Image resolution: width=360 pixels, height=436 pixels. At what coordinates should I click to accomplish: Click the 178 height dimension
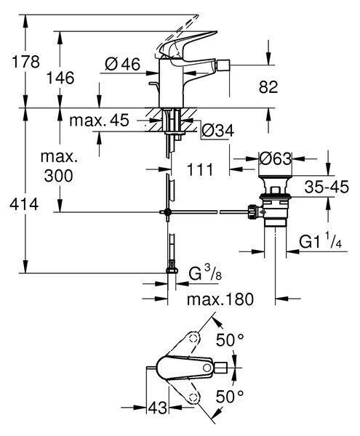point(25,62)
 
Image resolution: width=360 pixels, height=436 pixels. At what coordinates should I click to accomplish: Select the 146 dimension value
point(60,78)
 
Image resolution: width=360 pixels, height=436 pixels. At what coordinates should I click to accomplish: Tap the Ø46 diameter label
point(123,64)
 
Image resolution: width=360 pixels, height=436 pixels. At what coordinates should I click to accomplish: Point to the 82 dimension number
point(268,87)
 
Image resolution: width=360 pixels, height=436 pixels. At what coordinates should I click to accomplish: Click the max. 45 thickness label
point(100,120)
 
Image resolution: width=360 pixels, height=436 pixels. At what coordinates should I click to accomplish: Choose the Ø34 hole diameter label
point(218,131)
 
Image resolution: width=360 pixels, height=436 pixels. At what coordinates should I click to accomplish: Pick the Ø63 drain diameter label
point(275,158)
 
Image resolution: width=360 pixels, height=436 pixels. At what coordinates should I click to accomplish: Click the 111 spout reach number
point(200,169)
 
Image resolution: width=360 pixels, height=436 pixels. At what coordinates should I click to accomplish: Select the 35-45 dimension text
point(327,187)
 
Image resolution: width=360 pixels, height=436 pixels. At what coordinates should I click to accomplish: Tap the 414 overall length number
point(24,205)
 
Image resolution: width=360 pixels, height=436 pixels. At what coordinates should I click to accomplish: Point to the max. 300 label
point(59,166)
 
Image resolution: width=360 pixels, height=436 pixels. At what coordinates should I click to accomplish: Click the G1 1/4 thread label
point(321,241)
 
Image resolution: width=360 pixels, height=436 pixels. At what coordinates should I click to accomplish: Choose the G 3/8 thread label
point(205,272)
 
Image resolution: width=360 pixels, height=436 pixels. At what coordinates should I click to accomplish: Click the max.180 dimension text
point(220,299)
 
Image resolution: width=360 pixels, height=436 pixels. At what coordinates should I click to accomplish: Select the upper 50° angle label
point(230,340)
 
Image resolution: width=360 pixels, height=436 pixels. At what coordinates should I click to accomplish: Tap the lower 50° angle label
point(230,397)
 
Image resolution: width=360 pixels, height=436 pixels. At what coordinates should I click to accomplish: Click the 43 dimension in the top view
point(158,408)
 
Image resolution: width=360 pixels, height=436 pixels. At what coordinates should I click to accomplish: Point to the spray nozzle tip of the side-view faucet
point(223,65)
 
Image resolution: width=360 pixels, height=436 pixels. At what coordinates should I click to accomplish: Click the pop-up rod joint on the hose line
point(167,212)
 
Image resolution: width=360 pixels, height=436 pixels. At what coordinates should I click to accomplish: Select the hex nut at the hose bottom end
point(172,271)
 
